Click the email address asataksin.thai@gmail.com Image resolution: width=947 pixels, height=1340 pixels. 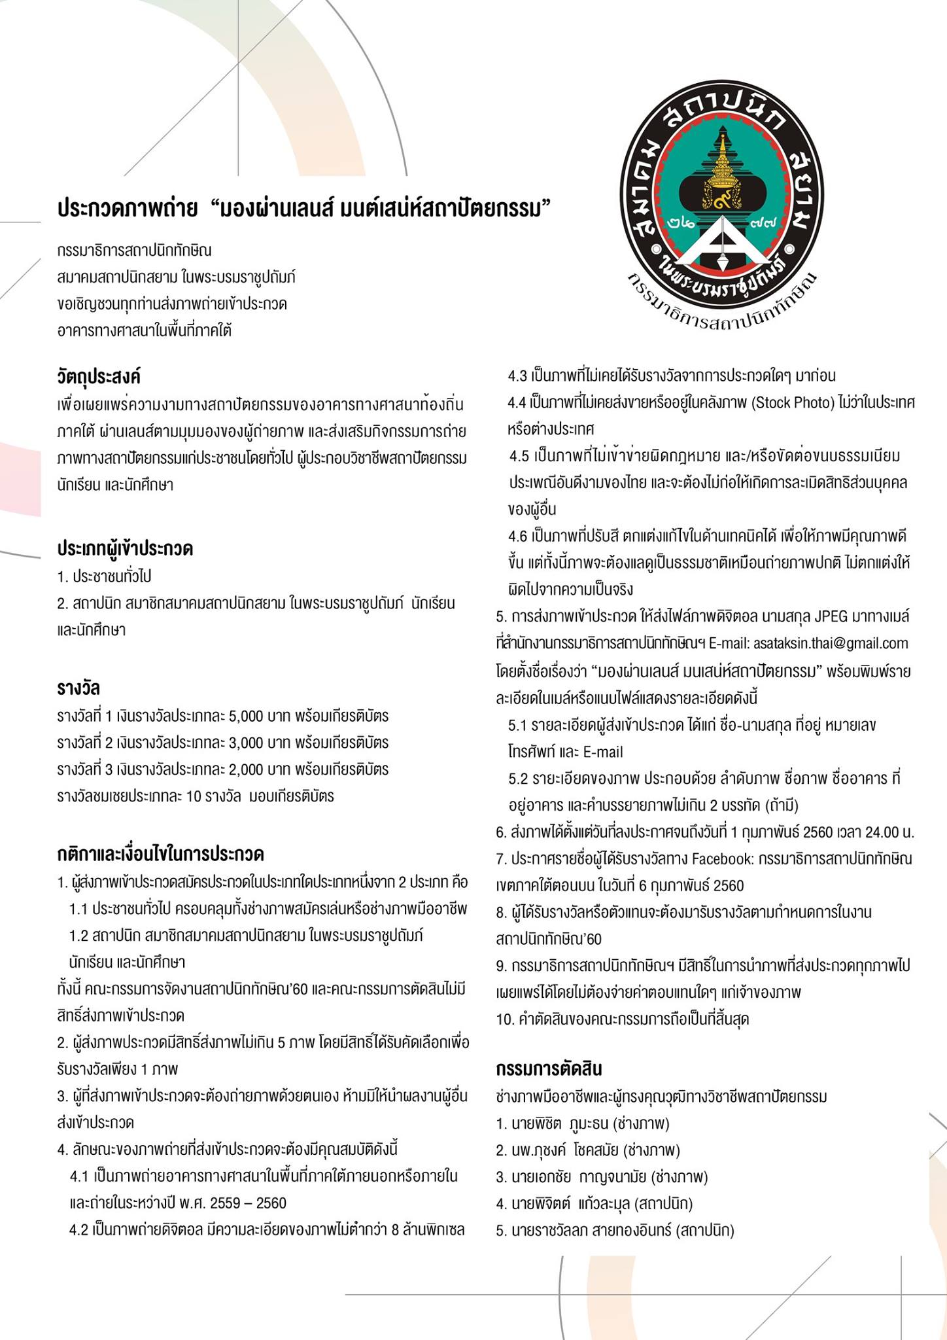(831, 643)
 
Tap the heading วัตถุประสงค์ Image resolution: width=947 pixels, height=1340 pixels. (99, 377)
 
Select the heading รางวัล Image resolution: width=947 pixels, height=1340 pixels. (78, 688)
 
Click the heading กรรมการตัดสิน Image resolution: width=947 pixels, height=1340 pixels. (549, 1068)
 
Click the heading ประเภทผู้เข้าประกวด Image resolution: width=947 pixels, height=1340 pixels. (125, 548)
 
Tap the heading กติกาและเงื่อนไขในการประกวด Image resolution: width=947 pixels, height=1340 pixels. (160, 855)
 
